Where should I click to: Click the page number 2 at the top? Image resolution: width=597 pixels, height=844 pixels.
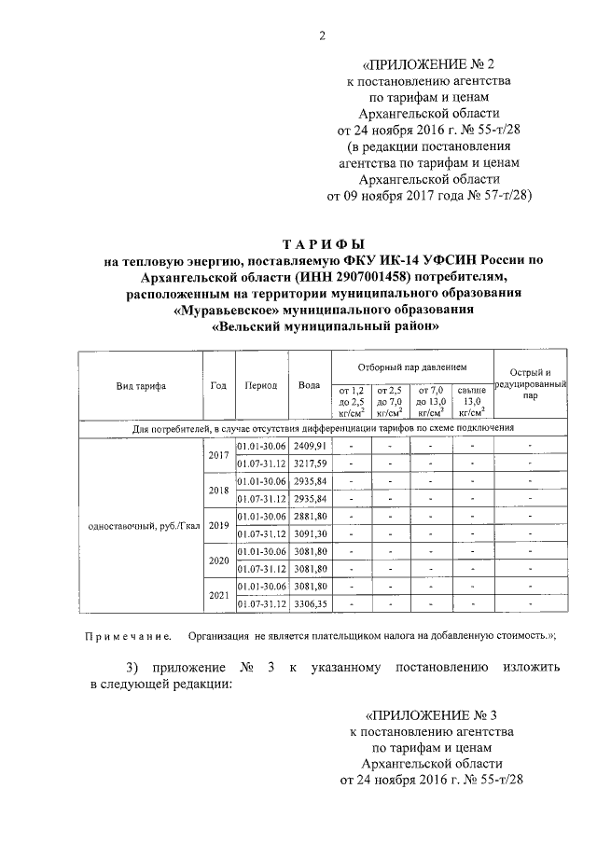pos(322,36)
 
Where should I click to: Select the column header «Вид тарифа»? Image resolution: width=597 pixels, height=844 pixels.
pos(141,386)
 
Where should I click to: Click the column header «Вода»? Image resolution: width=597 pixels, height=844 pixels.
pos(309,386)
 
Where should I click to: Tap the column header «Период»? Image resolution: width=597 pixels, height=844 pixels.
pos(260,386)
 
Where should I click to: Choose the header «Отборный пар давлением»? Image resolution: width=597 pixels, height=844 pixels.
pos(412,368)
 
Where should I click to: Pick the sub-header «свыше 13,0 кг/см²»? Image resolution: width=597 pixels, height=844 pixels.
pos(473,400)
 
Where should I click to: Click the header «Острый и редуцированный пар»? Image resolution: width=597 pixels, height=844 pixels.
pos(529,384)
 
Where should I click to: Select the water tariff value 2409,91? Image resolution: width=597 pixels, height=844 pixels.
pos(309,446)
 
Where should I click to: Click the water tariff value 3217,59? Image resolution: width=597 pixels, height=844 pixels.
pos(309,463)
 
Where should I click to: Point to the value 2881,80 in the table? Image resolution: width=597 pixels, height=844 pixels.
pos(309,516)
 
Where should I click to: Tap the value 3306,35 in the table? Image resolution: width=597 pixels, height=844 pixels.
pos(309,603)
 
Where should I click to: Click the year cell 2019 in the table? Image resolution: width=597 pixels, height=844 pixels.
pos(218,524)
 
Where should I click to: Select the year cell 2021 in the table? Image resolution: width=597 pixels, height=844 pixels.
pos(218,594)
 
